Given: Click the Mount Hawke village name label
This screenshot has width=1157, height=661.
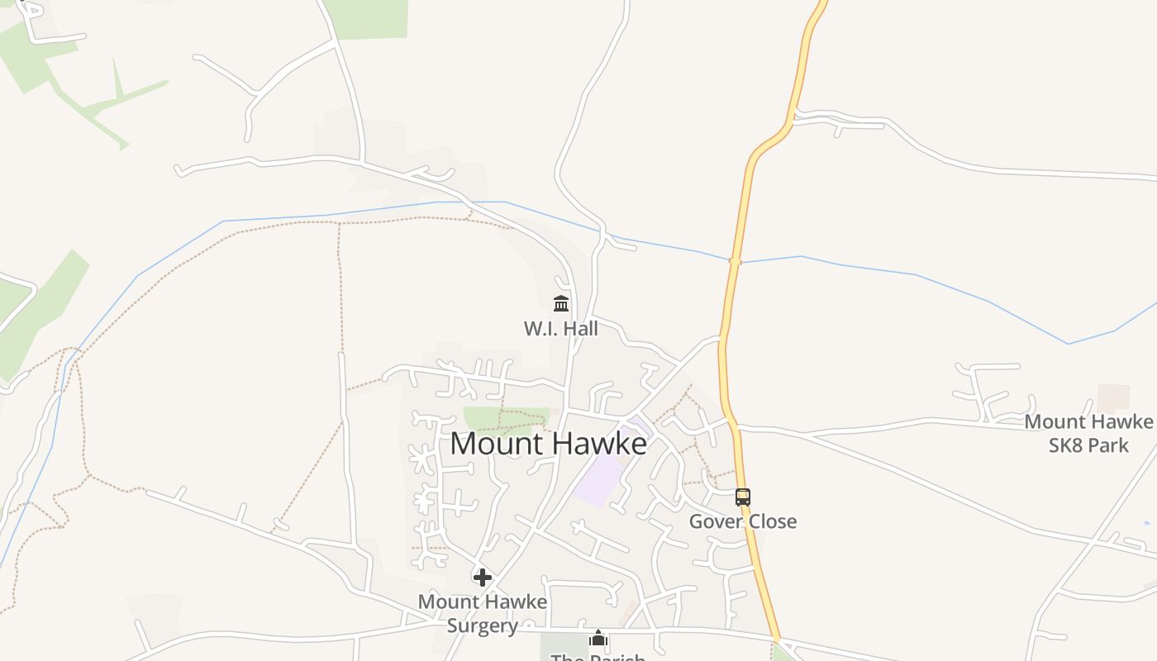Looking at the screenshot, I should click(548, 444).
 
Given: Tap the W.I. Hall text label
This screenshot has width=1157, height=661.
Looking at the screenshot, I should click(560, 328).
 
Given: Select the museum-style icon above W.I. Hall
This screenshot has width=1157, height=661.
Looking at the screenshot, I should click(561, 303).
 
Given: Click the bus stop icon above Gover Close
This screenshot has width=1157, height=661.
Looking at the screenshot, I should click(743, 497).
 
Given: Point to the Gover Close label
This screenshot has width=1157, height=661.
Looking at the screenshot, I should click(743, 521).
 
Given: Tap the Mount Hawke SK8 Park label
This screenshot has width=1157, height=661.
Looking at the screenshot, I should click(1088, 433).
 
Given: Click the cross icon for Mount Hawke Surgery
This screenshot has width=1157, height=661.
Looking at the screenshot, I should click(483, 577).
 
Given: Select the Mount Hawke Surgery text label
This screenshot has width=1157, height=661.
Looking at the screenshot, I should click(483, 613).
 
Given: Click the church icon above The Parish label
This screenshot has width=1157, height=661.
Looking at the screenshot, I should click(598, 639).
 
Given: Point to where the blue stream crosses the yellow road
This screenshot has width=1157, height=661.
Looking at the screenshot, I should click(735, 261).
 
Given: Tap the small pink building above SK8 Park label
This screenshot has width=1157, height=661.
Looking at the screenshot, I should click(1113, 397).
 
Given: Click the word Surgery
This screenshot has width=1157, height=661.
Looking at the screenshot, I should click(483, 625).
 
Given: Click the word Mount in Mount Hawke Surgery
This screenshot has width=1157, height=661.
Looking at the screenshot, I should click(446, 602).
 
